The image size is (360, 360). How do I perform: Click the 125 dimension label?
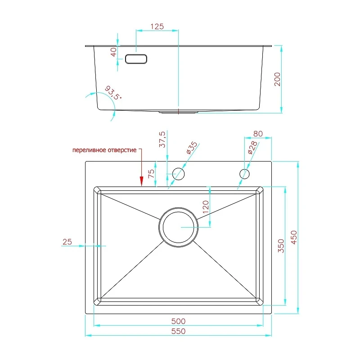pyautogui.click(x=157, y=27)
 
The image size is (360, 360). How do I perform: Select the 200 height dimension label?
pyautogui.click(x=277, y=79)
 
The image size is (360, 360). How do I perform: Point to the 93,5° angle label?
pyautogui.click(x=113, y=93)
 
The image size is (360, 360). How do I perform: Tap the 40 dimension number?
pyautogui.click(x=114, y=52)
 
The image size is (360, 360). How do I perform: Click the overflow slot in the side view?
pyautogui.click(x=136, y=59)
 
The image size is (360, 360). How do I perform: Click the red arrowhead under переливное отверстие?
pyautogui.click(x=141, y=181)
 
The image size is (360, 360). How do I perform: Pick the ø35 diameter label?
pyautogui.click(x=192, y=148)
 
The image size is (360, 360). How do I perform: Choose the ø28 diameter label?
pyautogui.click(x=253, y=148)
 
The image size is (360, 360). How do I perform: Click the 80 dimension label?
pyautogui.click(x=258, y=134)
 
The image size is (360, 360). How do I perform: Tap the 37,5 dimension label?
pyautogui.click(x=162, y=139)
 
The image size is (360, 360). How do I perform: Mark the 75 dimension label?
pyautogui.click(x=151, y=174)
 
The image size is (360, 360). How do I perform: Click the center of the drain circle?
pyautogui.click(x=178, y=227)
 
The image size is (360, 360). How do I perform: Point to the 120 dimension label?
pyautogui.click(x=206, y=207)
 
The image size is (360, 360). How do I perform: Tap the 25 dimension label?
pyautogui.click(x=67, y=242)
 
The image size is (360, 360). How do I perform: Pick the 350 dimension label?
pyautogui.click(x=281, y=246)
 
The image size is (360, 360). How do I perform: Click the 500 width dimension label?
pyautogui.click(x=178, y=321)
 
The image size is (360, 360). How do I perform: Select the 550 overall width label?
pyautogui.click(x=178, y=331)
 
